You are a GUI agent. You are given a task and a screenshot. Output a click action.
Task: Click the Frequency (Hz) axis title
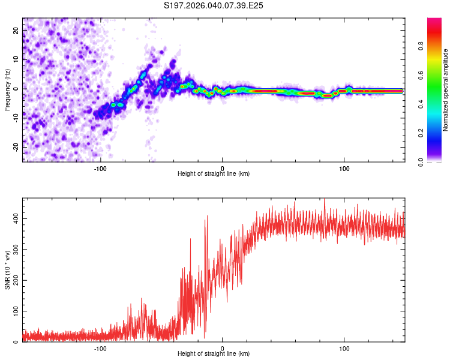click(7, 89)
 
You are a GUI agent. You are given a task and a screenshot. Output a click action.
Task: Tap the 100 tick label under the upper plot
click(344, 168)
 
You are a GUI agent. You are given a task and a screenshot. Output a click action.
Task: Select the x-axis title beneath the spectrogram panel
click(214, 174)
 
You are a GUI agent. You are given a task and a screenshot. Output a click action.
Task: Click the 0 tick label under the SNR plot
click(223, 348)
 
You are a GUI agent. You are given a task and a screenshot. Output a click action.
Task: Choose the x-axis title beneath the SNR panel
click(214, 354)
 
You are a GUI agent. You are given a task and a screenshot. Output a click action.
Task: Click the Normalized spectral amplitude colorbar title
click(445, 90)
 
